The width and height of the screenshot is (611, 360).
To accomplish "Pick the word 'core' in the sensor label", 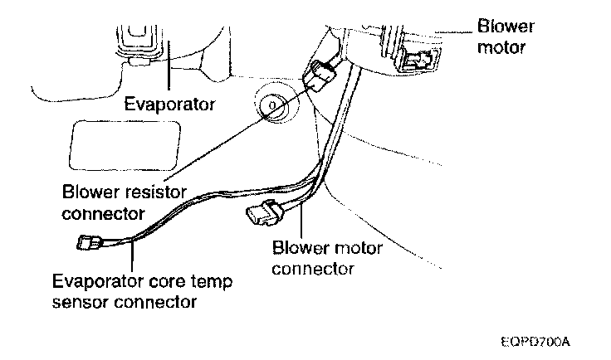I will pyautogui.click(x=184, y=280).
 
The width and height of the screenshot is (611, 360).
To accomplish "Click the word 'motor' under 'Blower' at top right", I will pyautogui.click(x=503, y=46).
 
